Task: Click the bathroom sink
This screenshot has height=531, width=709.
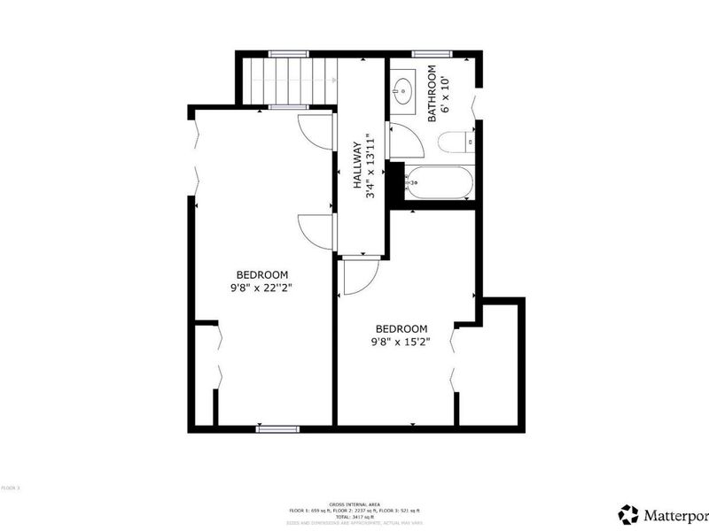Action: (x=404, y=88)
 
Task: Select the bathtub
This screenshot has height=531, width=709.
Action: (x=439, y=183)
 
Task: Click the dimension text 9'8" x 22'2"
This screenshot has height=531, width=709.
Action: (x=262, y=287)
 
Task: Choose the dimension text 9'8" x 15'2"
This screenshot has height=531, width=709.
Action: (x=401, y=340)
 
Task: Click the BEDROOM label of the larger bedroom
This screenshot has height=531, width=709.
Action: (x=262, y=274)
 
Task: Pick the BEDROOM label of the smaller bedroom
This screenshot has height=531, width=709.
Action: (x=401, y=327)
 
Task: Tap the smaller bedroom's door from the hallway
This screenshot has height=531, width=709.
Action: (x=359, y=276)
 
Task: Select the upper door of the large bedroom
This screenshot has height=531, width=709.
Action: (x=315, y=131)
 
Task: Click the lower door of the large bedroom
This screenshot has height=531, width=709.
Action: (x=315, y=232)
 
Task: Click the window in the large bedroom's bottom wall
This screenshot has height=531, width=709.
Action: (x=277, y=429)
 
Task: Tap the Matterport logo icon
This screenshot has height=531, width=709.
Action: (x=628, y=514)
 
